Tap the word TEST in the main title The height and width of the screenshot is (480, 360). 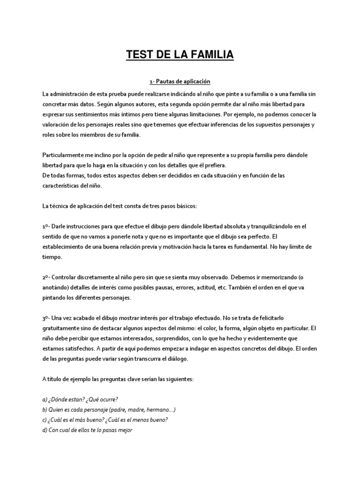[x=140, y=55]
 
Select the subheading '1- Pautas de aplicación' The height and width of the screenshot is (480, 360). [x=180, y=82]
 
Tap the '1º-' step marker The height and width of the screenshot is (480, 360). [x=46, y=226]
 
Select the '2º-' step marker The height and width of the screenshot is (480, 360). [x=46, y=277]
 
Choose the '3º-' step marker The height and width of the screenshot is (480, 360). [x=46, y=318]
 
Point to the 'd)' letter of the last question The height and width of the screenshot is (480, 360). [x=45, y=430]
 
